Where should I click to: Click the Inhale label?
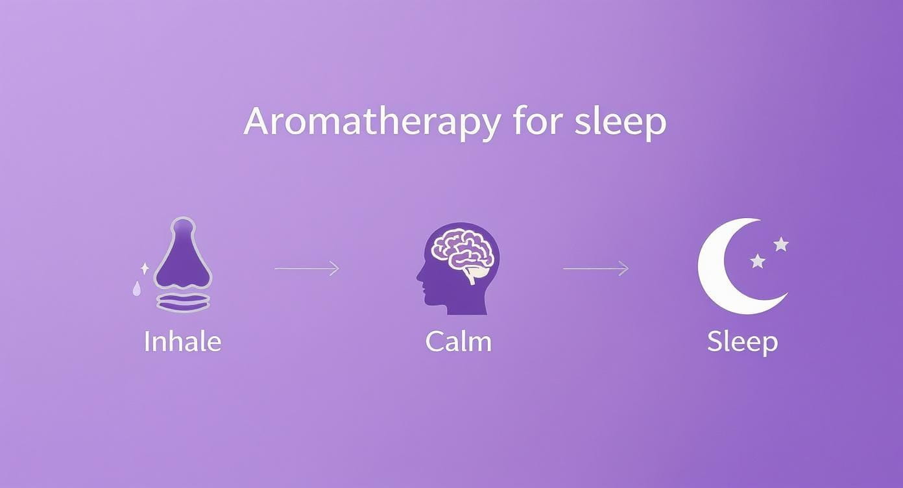182,341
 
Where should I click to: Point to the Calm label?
458,341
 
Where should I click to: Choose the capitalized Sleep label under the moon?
742,342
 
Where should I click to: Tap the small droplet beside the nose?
137,289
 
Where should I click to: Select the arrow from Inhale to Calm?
307,268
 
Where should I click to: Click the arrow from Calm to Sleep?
596,268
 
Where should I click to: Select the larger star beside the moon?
781,245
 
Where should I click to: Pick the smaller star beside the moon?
758,261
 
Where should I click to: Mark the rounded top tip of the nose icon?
182,224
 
